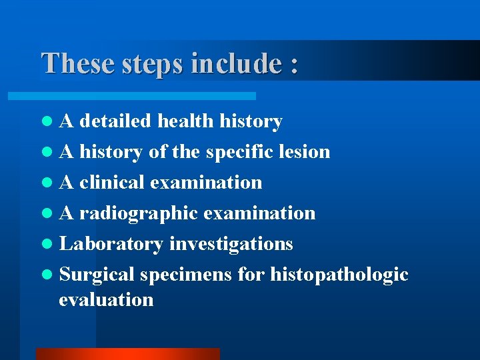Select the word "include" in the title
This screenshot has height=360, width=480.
point(236,64)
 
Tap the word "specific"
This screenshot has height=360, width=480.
point(238,152)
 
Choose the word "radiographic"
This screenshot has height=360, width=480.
point(139,213)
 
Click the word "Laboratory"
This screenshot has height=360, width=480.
point(111,244)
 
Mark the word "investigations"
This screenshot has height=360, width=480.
point(231,244)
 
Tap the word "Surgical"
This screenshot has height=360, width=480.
point(97,275)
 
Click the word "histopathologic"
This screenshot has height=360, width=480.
point(339,275)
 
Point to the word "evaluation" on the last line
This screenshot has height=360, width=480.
point(106,299)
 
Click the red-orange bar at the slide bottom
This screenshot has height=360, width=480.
point(127,353)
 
